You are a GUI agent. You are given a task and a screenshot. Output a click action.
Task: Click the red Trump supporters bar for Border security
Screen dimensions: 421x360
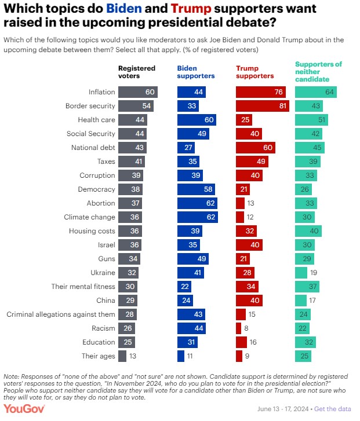tap(263, 106)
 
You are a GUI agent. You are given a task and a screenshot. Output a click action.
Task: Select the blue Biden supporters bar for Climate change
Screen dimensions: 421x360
tap(198, 217)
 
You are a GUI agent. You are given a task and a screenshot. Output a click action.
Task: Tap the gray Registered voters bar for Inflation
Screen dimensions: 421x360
tap(138, 92)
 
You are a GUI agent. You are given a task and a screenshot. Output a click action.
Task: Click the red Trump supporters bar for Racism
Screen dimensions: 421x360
tap(238, 328)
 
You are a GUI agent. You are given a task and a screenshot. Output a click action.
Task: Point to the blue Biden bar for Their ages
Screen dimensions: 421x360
tap(181, 356)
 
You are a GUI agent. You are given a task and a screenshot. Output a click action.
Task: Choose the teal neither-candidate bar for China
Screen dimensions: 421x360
tap(301, 301)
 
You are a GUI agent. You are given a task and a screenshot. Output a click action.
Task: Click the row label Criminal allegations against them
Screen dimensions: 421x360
tap(61, 314)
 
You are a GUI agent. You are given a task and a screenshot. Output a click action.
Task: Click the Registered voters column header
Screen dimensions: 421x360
tap(137, 72)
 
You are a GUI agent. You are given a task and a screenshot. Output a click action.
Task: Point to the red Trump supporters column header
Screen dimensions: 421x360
tap(255, 72)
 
